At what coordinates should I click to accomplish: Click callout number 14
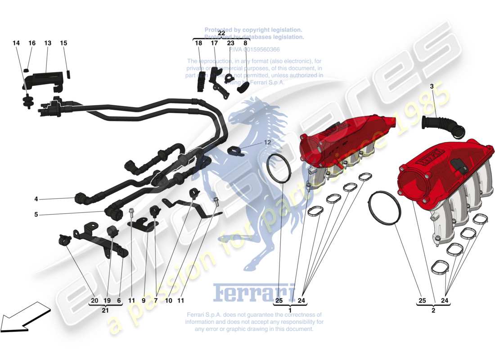(16, 43)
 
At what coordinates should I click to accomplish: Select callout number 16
(32, 43)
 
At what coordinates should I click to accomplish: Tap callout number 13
(48, 43)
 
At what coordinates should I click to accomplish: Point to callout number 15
(63, 43)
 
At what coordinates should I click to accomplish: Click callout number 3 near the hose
(432, 86)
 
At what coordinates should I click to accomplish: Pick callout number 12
(267, 142)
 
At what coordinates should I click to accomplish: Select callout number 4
(36, 198)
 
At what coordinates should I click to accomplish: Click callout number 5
(36, 215)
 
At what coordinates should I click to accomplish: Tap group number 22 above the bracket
(221, 33)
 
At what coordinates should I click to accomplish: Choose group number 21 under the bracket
(106, 310)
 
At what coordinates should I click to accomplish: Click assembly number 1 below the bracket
(290, 310)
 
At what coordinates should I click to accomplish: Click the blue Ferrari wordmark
(254, 293)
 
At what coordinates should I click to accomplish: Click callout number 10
(168, 300)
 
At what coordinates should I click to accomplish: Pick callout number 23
(230, 43)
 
